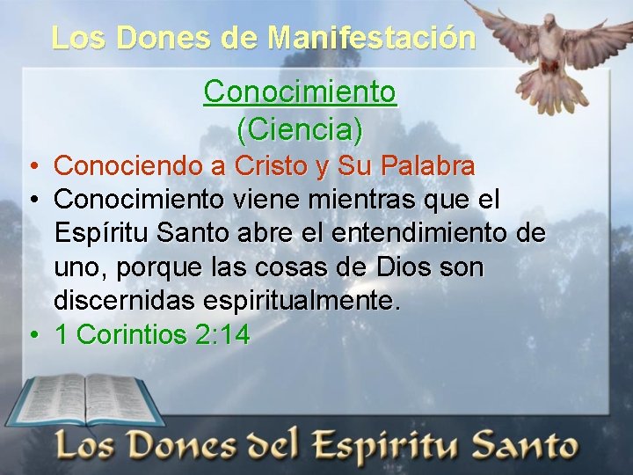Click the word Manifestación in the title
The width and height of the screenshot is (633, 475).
pyautogui.click(x=372, y=37)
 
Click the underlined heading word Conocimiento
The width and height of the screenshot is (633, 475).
pyautogui.click(x=300, y=91)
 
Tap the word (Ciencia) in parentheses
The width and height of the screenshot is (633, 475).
pyautogui.click(x=300, y=129)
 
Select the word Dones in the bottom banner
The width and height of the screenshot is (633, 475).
pyautogui.click(x=186, y=445)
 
